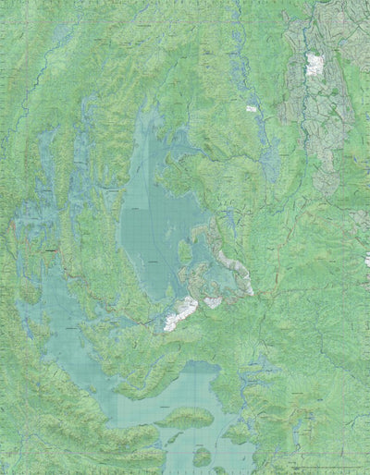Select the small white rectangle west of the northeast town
pos(251,108)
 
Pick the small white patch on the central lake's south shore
pos(213,302)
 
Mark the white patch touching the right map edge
pos(366,261)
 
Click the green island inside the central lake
pos(185,251)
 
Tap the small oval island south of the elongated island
pos(203,454)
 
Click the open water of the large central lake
pos(153,213)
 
